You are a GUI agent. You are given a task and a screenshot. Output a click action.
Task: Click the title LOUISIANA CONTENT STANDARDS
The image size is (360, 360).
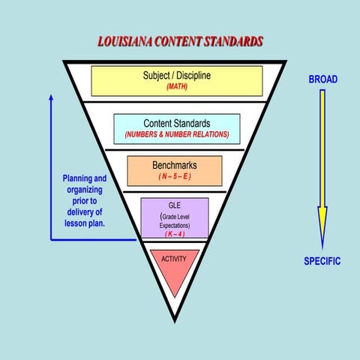(180, 41)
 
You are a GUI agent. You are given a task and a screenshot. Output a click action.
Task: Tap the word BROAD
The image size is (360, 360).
(323, 79)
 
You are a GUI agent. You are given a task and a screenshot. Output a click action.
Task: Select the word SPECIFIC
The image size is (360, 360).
(322, 262)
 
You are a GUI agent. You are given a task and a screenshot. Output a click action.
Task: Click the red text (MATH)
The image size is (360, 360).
(177, 87)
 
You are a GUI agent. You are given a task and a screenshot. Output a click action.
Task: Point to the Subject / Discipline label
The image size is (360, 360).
(177, 76)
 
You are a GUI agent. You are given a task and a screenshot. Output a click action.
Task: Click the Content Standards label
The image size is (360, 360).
(177, 123)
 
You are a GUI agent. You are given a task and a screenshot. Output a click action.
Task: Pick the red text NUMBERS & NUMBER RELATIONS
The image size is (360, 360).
(177, 135)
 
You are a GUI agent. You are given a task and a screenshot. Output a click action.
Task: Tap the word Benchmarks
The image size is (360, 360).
(173, 163)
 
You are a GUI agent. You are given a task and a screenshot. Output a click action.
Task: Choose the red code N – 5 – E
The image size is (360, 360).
(173, 176)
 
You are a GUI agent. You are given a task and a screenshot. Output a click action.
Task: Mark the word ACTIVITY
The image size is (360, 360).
(175, 259)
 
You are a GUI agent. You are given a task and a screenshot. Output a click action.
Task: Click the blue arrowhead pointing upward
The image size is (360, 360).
(51, 98)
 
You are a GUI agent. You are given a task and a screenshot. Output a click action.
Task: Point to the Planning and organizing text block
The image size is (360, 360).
(84, 201)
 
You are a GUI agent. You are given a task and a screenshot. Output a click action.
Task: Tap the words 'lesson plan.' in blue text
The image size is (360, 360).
(84, 223)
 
